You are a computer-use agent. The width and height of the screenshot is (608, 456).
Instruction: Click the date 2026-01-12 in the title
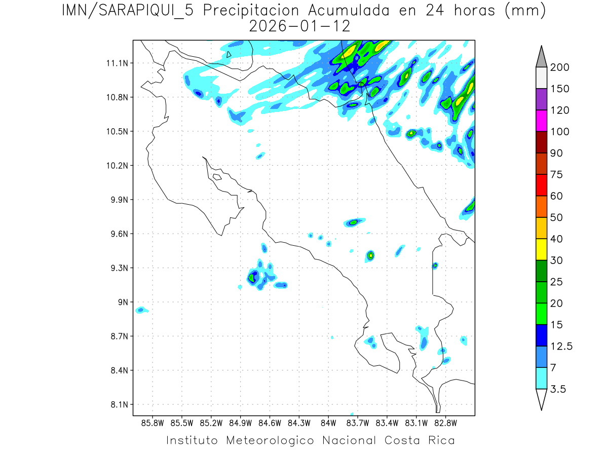tap(300, 26)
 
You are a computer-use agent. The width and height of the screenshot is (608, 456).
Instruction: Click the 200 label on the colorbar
tap(559, 67)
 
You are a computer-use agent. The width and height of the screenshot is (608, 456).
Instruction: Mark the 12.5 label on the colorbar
tap(561, 346)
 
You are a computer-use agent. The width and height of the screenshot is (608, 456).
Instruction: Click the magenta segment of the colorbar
tap(541, 121)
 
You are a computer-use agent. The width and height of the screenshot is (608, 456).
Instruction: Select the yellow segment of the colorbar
tap(541, 249)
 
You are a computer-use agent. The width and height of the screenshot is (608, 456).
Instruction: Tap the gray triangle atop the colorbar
tap(541, 56)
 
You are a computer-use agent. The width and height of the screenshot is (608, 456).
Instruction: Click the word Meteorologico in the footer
tap(270, 440)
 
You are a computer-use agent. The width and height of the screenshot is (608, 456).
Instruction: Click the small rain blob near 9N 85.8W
tap(141, 310)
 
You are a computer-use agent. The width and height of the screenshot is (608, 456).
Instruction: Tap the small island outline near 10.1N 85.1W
tap(217, 177)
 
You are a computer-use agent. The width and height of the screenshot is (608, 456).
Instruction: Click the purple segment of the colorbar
tap(541, 99)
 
